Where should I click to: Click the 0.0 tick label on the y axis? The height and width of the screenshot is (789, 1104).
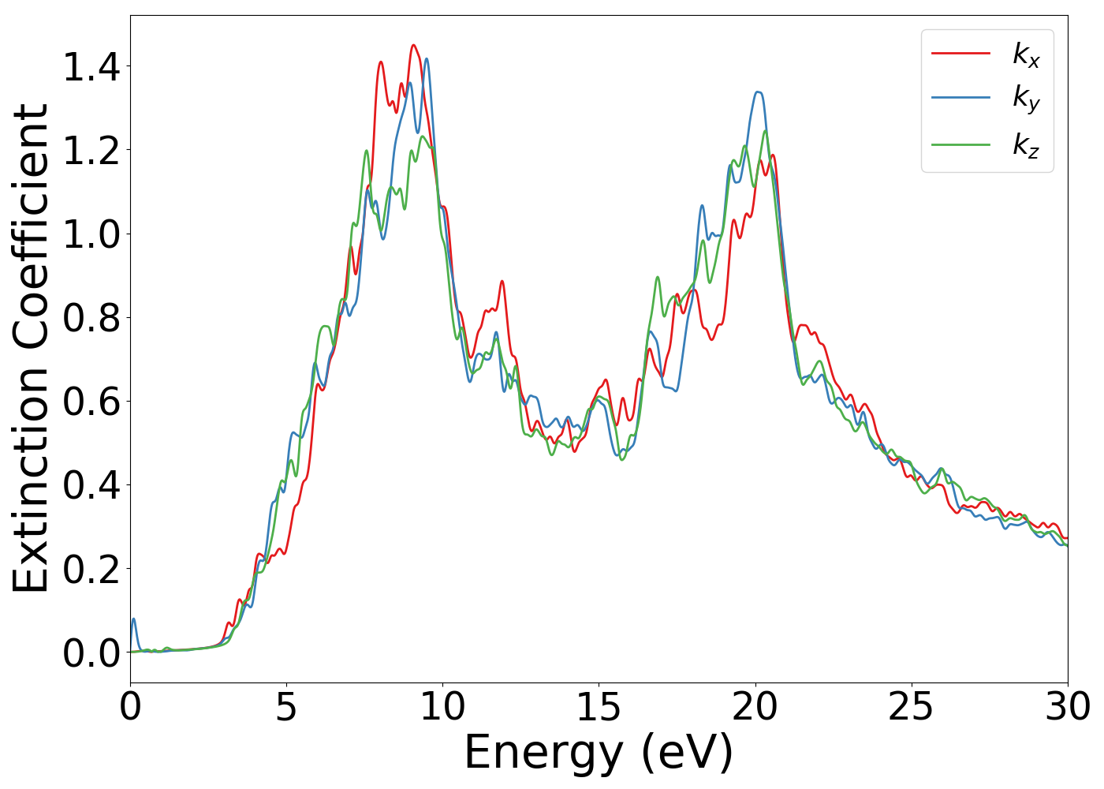91,653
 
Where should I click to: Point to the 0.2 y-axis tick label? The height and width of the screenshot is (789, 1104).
91,570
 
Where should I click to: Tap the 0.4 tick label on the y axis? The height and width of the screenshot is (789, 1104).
91,486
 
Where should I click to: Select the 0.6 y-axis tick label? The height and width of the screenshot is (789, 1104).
91,402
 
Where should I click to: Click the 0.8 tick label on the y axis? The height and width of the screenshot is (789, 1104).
91,319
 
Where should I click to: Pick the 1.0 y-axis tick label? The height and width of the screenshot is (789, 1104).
91,235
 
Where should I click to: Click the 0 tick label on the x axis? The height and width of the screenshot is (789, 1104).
130,707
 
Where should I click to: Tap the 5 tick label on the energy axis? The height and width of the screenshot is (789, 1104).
286,707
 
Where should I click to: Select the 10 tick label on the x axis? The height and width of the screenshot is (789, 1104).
442,707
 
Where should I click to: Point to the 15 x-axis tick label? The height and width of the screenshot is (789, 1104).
599,707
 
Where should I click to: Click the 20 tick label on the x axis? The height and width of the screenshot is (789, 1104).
755,707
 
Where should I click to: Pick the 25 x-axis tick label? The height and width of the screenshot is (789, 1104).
912,707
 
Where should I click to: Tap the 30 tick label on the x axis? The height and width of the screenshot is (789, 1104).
1068,707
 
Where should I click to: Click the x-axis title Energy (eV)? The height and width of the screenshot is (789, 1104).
599,753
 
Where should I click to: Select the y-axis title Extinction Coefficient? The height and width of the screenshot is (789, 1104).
32,349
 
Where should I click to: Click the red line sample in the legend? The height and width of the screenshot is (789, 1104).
960,54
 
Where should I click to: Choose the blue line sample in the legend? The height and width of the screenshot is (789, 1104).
960,98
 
